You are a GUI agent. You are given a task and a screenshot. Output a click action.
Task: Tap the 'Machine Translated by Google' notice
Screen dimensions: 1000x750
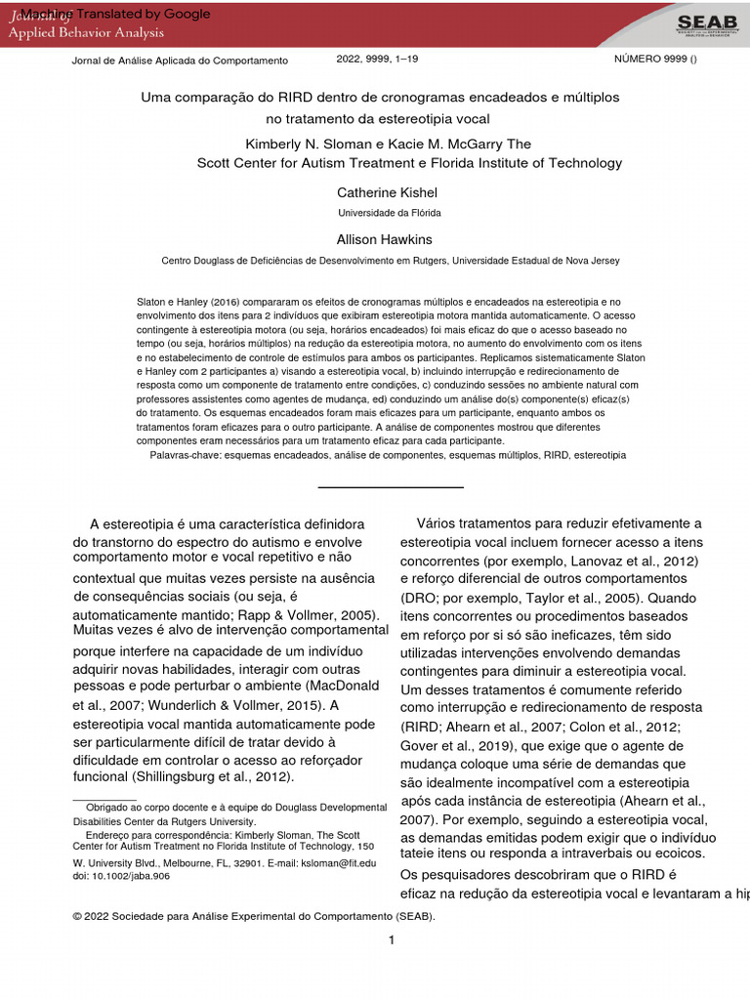coord(115,14)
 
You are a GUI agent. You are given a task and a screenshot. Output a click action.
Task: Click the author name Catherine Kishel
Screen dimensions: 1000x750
coord(388,192)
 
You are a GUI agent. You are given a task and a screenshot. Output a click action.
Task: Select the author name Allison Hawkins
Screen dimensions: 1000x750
coord(384,239)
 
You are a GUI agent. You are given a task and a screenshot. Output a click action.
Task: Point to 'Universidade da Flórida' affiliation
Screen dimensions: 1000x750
coord(389,212)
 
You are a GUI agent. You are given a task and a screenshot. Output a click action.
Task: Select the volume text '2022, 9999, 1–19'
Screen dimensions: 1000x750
coord(378,60)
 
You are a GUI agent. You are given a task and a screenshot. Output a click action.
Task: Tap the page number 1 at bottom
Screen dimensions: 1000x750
coord(391,940)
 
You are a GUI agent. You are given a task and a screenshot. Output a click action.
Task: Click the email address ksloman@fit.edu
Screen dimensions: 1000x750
coord(341,863)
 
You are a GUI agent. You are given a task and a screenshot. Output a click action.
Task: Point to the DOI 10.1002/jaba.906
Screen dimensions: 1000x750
coord(121,876)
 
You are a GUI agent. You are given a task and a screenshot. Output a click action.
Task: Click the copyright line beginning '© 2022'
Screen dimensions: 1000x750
coord(254,917)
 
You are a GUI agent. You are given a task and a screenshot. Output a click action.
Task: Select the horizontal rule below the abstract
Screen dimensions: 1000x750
coord(391,486)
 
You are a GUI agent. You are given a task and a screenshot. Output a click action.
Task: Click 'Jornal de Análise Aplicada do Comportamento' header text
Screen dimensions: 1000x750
coord(181,61)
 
